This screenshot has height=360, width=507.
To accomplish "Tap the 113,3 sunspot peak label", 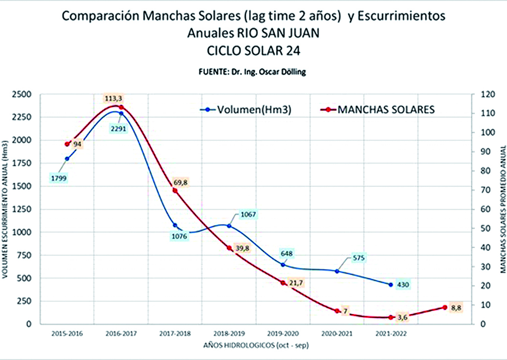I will coord(112,97).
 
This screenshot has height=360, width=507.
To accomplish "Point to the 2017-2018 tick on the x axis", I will coord(175,333).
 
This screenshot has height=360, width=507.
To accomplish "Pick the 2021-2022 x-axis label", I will coord(391,333).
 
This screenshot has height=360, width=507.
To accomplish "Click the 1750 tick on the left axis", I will coord(22,163).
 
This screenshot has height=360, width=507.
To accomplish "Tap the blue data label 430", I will coord(403,285).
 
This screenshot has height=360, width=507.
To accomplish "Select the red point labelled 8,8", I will coord(445,307).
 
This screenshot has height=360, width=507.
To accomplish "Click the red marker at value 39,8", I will coord(229,248).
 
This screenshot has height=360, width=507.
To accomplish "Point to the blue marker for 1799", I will coord(67,158).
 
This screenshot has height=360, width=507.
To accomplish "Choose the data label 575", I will coord(358,258).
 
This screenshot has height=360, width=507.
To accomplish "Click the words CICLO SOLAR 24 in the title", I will coord(253,50).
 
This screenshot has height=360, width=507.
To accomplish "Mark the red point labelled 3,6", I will coord(391,317).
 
